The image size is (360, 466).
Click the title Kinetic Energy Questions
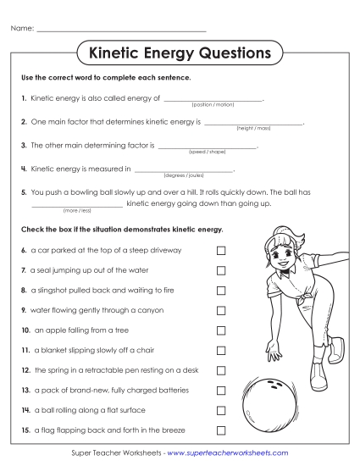coord(180,54)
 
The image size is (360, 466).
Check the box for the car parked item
coord(221,251)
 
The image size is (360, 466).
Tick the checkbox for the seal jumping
coord(221,270)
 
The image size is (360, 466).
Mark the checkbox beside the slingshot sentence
coord(221,291)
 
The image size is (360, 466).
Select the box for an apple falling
coord(221,330)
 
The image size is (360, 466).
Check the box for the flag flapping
coord(221,430)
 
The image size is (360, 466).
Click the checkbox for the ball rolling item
coord(221,410)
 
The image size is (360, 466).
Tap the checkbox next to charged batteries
coord(221,391)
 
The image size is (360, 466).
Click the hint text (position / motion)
coord(213,104)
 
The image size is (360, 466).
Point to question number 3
coord(24,146)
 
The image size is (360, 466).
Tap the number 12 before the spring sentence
coord(26,370)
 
